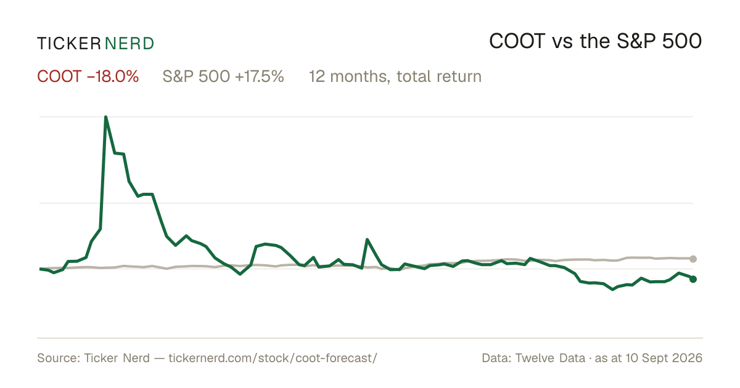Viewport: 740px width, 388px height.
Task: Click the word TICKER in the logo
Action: point(69,44)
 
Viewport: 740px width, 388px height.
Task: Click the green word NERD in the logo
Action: point(129,44)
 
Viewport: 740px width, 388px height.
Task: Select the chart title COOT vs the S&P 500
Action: point(595,41)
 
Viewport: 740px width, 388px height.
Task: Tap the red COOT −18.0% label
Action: point(88,76)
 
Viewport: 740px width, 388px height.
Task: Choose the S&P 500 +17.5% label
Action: point(223,76)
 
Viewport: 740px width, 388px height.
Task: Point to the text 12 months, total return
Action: point(395,77)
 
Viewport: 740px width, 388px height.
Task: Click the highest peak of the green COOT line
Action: point(105,117)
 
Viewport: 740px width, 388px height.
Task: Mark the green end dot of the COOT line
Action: point(693,279)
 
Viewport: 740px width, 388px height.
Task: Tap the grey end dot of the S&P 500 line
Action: point(693,259)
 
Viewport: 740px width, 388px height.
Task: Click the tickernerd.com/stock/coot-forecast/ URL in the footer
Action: point(273,358)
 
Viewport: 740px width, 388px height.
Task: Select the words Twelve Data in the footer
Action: point(550,358)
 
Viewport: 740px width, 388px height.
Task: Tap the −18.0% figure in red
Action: point(113,76)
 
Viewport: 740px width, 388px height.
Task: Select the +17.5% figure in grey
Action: point(260,76)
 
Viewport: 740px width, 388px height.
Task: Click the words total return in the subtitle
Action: point(439,76)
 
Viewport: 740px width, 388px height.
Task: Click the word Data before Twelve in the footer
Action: point(496,358)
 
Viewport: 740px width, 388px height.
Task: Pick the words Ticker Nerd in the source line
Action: point(117,358)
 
